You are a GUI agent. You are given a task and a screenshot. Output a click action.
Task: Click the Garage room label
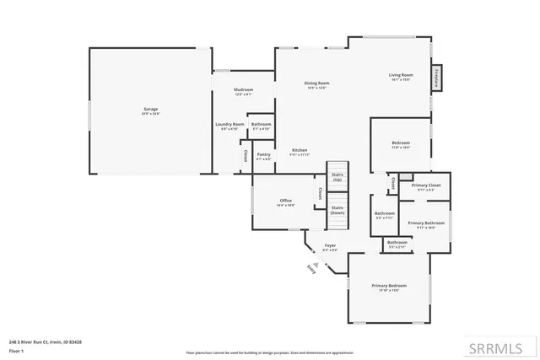150,110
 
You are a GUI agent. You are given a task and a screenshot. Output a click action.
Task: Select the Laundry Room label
229,126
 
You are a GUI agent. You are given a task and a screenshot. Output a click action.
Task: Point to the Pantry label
264,156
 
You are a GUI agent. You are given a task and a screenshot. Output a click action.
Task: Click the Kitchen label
300,152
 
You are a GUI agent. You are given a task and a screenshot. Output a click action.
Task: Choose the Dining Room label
316,84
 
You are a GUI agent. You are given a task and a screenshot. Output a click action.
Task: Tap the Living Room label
400,78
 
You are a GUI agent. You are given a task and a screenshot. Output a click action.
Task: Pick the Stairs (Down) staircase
337,212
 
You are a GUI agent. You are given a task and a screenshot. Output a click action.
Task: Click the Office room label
285,201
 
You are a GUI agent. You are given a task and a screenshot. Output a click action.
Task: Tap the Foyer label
331,247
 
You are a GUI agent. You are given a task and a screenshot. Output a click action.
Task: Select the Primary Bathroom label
421,224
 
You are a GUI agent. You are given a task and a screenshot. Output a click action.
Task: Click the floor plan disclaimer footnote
269,352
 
